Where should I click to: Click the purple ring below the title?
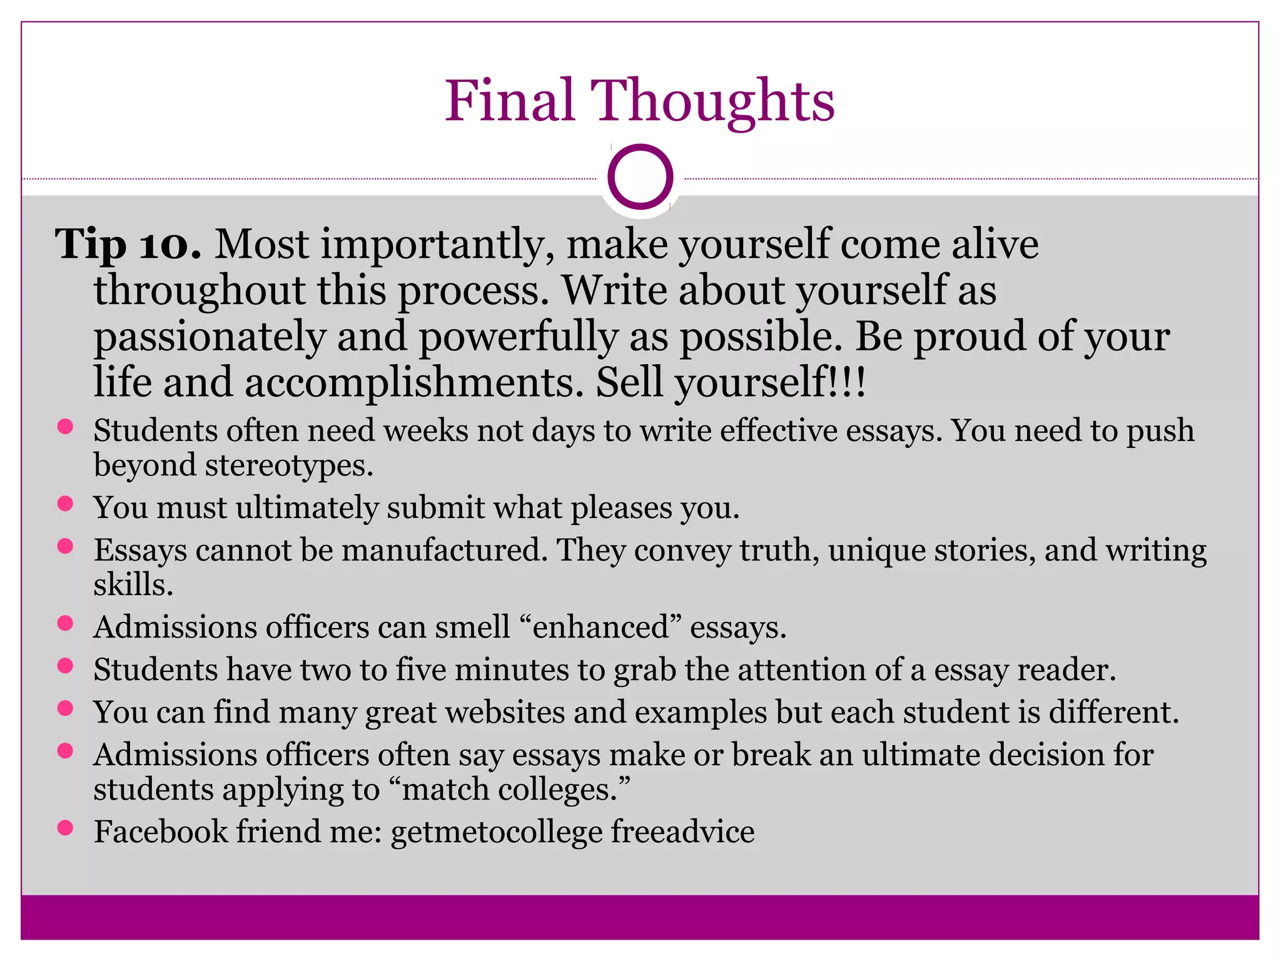(x=640, y=177)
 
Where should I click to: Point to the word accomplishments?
(x=413, y=382)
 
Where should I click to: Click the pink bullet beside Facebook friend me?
(x=65, y=828)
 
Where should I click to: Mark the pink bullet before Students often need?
(x=65, y=427)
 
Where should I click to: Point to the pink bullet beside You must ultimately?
(x=65, y=504)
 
